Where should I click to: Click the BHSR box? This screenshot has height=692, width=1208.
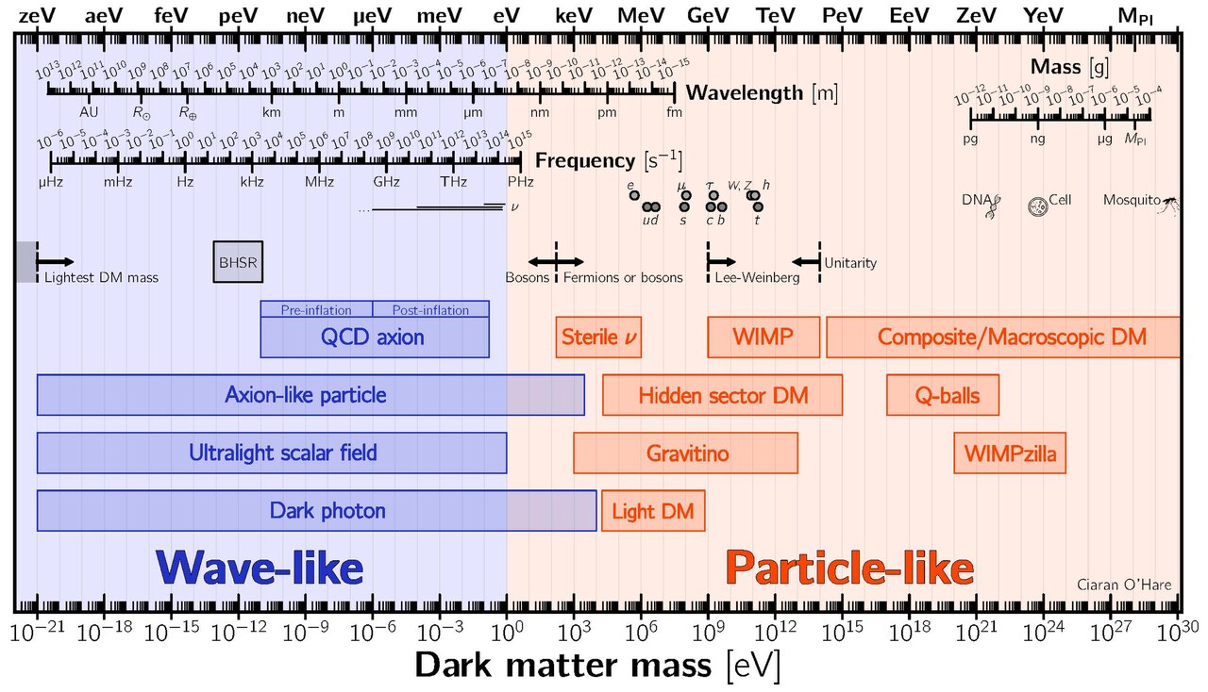(238, 262)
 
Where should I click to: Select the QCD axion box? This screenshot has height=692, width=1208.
(374, 337)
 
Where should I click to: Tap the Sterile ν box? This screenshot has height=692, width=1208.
(598, 337)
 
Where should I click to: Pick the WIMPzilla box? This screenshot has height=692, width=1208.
(1010, 453)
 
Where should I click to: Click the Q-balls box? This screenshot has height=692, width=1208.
(942, 395)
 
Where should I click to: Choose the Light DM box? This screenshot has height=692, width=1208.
(653, 512)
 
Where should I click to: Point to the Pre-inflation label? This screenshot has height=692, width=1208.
(316, 309)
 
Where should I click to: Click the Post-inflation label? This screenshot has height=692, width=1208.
(430, 309)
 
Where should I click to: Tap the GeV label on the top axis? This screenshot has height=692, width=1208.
(708, 15)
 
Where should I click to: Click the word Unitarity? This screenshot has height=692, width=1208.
(850, 263)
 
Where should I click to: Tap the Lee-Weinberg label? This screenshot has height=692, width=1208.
(757, 278)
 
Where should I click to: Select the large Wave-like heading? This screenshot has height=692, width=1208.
(260, 568)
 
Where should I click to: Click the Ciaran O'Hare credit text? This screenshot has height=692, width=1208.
(1124, 585)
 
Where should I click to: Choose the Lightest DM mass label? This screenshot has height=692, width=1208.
(101, 278)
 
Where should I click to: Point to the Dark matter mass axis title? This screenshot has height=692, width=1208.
(596, 666)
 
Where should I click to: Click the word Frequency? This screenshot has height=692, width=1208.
(586, 159)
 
